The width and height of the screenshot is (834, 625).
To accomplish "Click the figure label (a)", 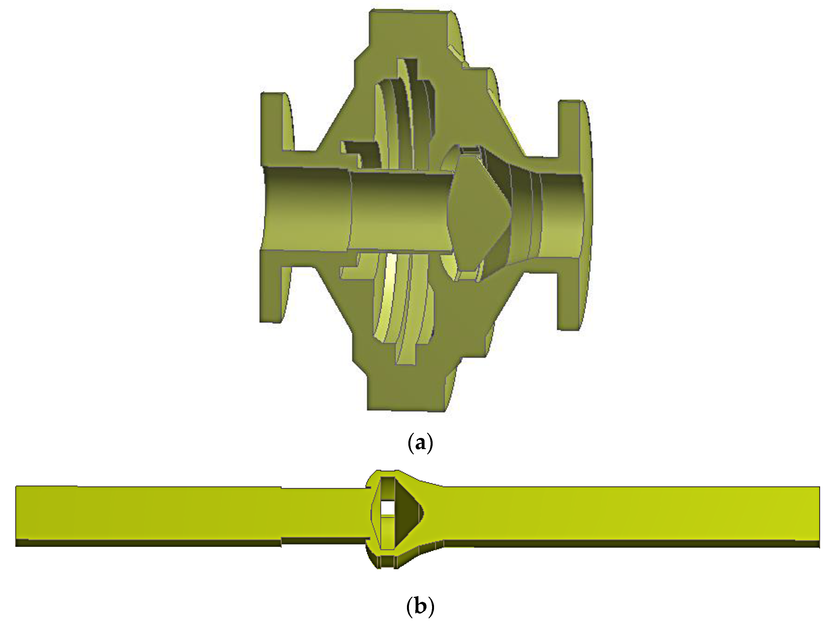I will click(420, 444).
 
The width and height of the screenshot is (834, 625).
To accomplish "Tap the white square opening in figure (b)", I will click(387, 507).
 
